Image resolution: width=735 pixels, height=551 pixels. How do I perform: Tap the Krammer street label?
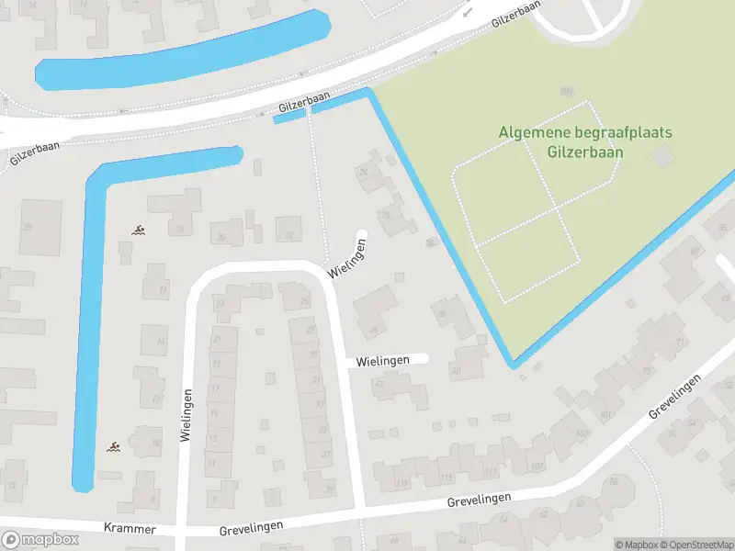pos(130,530)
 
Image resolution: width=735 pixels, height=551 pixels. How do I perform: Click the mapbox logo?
pos(40,540)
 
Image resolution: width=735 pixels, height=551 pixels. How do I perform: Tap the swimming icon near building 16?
pos(138,230)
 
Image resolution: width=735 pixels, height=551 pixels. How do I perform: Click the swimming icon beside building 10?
pos(112,446)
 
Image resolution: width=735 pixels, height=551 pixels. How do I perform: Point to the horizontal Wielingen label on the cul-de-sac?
pos(379,361)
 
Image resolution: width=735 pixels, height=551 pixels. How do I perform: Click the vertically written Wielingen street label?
pos(187,416)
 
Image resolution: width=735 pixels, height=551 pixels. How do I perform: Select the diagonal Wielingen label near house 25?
pos(350,259)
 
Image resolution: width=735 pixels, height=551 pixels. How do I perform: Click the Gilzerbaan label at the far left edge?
pos(35,153)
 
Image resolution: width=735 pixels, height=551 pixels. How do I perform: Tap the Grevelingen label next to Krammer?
pos(251,525)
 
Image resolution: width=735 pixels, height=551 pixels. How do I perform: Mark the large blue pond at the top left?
pos(184,51)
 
